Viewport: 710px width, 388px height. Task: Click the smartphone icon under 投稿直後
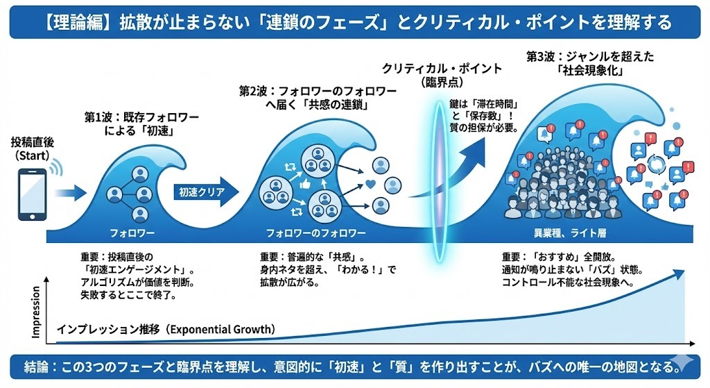32,194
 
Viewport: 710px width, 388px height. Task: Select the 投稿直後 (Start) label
32,149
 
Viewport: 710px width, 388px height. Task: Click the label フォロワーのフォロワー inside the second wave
315,233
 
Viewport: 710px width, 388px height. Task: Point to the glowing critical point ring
438,181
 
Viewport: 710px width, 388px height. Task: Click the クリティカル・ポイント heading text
442,69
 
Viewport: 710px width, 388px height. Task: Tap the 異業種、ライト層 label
570,233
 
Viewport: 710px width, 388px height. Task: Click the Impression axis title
36,312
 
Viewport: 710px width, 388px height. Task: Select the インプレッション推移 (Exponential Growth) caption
166,329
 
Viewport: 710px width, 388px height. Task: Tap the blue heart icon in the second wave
370,185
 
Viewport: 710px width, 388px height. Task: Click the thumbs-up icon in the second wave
305,183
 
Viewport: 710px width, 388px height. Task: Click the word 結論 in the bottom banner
36,366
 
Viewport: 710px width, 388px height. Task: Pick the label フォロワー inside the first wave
132,233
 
